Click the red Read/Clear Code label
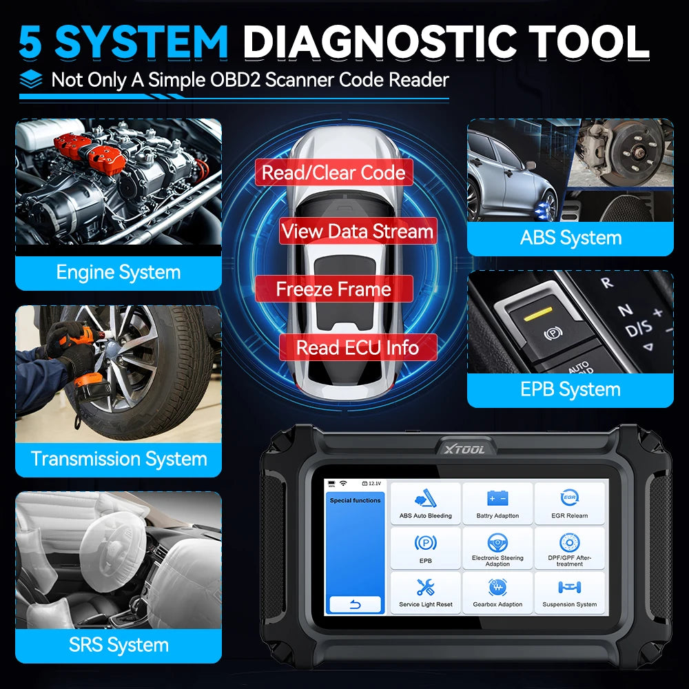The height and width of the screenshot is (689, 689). (333, 172)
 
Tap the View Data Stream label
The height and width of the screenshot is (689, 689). (357, 232)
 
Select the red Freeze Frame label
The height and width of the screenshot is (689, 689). (333, 289)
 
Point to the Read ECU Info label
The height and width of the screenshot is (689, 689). (357, 347)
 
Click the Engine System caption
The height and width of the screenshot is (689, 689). (119, 273)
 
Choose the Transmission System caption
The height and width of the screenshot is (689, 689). (119, 459)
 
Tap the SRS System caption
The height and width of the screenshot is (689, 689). (119, 645)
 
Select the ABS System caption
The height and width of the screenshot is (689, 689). (570, 238)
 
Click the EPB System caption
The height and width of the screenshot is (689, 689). (570, 390)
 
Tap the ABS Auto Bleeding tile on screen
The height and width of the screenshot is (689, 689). (425, 503)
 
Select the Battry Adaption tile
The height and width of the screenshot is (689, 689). (497, 503)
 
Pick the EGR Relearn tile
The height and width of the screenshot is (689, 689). (569, 503)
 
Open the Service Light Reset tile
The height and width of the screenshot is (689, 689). (425, 593)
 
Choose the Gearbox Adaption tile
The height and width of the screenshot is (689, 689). (497, 593)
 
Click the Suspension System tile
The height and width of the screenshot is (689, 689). (569, 593)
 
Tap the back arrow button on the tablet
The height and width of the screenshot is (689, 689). (356, 604)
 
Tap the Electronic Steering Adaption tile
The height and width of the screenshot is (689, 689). (497, 548)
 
